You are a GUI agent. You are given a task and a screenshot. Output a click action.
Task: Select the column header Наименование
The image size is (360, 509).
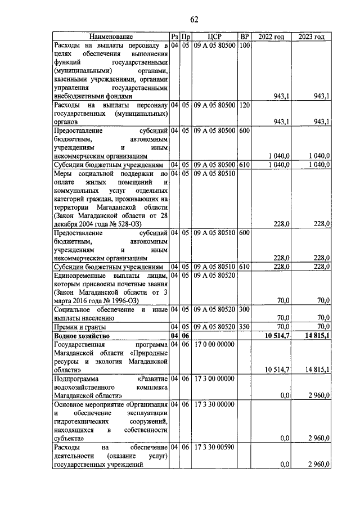pos(110,37)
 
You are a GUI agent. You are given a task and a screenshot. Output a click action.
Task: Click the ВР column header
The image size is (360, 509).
pos(244,37)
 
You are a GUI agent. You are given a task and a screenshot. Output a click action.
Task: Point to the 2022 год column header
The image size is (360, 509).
pos(271,37)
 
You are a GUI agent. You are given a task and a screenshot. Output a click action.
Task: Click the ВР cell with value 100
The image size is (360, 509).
pos(244,45)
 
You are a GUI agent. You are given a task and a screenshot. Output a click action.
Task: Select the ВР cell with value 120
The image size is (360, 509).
pos(244,105)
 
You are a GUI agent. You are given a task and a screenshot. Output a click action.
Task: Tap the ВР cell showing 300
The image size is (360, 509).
pos(244,309)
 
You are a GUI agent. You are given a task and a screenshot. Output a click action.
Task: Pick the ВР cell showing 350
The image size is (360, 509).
pos(244,326)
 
